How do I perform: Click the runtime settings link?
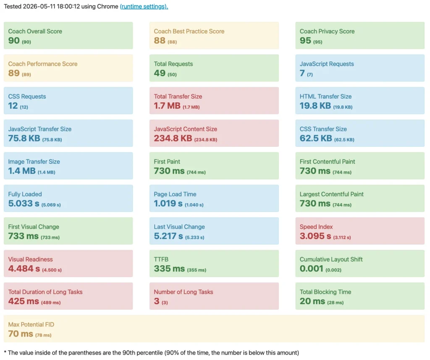[144, 7]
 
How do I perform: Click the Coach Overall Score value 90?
[14, 41]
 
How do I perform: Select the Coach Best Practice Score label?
[189, 31]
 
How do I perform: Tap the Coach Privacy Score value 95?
[305, 41]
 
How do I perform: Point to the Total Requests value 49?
[160, 73]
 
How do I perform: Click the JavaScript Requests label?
[327, 64]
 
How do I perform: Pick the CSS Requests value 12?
[13, 106]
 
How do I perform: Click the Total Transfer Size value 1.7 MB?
[167, 106]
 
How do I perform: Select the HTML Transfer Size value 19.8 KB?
[315, 106]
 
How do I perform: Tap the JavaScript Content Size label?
[185, 129]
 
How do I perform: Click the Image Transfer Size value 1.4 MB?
[22, 171]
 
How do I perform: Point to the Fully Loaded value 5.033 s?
[24, 203]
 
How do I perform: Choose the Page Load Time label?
[175, 194]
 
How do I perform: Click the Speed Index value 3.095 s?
[315, 236]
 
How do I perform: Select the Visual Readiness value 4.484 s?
[24, 269]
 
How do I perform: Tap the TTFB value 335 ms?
[169, 269]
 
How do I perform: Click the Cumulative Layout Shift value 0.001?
[312, 269]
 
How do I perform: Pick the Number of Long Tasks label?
[184, 292]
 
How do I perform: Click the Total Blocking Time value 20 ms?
[312, 301]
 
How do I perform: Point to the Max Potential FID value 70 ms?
[21, 334]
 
